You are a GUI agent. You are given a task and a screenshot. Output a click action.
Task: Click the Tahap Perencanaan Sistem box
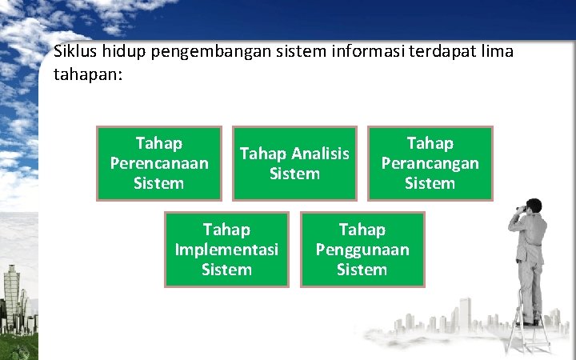pyautogui.click(x=158, y=163)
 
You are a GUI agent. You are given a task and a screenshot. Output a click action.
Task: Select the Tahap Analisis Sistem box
pyautogui.click(x=294, y=163)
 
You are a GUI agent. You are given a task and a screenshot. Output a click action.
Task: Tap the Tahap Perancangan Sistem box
pyautogui.click(x=430, y=163)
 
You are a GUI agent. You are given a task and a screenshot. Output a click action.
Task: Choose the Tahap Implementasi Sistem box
pyautogui.click(x=226, y=250)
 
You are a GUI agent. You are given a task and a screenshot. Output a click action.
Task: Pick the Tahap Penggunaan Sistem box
pyautogui.click(x=362, y=250)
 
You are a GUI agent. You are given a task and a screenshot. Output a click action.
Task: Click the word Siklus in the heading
pyautogui.click(x=74, y=52)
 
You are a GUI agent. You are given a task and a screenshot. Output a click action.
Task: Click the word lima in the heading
pyautogui.click(x=496, y=52)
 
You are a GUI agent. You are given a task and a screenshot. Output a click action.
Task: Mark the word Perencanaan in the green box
pyautogui.click(x=158, y=163)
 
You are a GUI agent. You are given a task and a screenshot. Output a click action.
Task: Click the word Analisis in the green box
pyautogui.click(x=321, y=153)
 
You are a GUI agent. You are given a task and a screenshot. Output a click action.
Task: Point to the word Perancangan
pyautogui.click(x=430, y=163)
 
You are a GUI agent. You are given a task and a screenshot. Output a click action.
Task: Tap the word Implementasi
pyautogui.click(x=226, y=250)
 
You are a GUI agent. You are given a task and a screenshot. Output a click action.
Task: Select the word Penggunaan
pyautogui.click(x=362, y=250)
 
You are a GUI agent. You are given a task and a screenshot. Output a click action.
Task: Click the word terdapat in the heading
pyautogui.click(x=431, y=52)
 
